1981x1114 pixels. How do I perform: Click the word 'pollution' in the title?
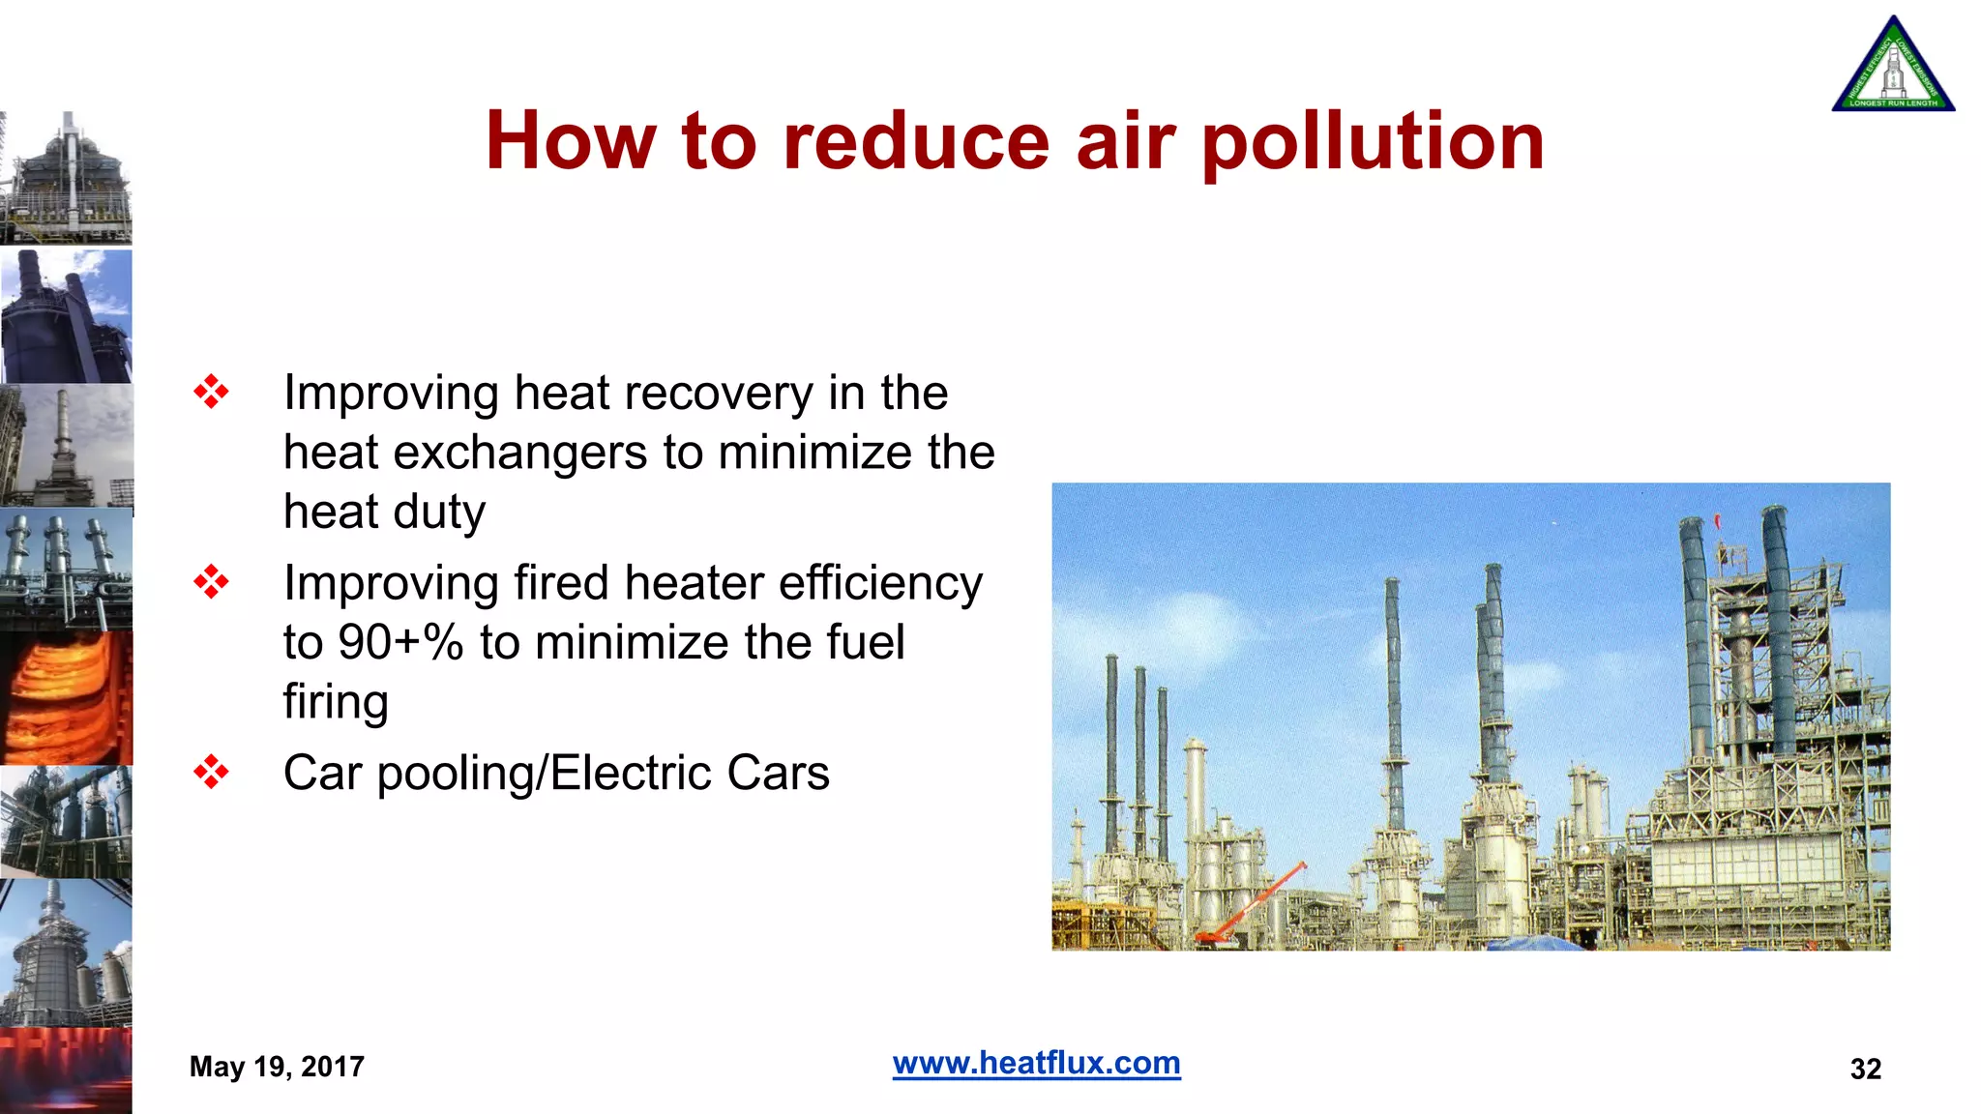click(x=1373, y=142)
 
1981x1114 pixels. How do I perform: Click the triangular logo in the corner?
click(x=1893, y=66)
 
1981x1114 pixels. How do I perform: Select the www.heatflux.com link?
click(x=1036, y=1063)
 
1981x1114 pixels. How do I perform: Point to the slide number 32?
click(x=1865, y=1069)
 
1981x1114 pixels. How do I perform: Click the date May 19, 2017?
click(x=277, y=1067)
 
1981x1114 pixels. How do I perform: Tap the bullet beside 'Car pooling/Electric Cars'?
click(x=211, y=772)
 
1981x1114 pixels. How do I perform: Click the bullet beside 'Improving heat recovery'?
click(x=211, y=392)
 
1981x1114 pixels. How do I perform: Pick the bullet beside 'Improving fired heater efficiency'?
click(x=211, y=582)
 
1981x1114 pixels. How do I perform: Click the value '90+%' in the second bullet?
click(x=400, y=642)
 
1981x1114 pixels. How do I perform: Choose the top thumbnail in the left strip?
click(x=66, y=178)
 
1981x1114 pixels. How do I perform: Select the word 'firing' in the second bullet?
click(x=336, y=703)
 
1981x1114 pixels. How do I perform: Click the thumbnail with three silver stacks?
click(x=66, y=571)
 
